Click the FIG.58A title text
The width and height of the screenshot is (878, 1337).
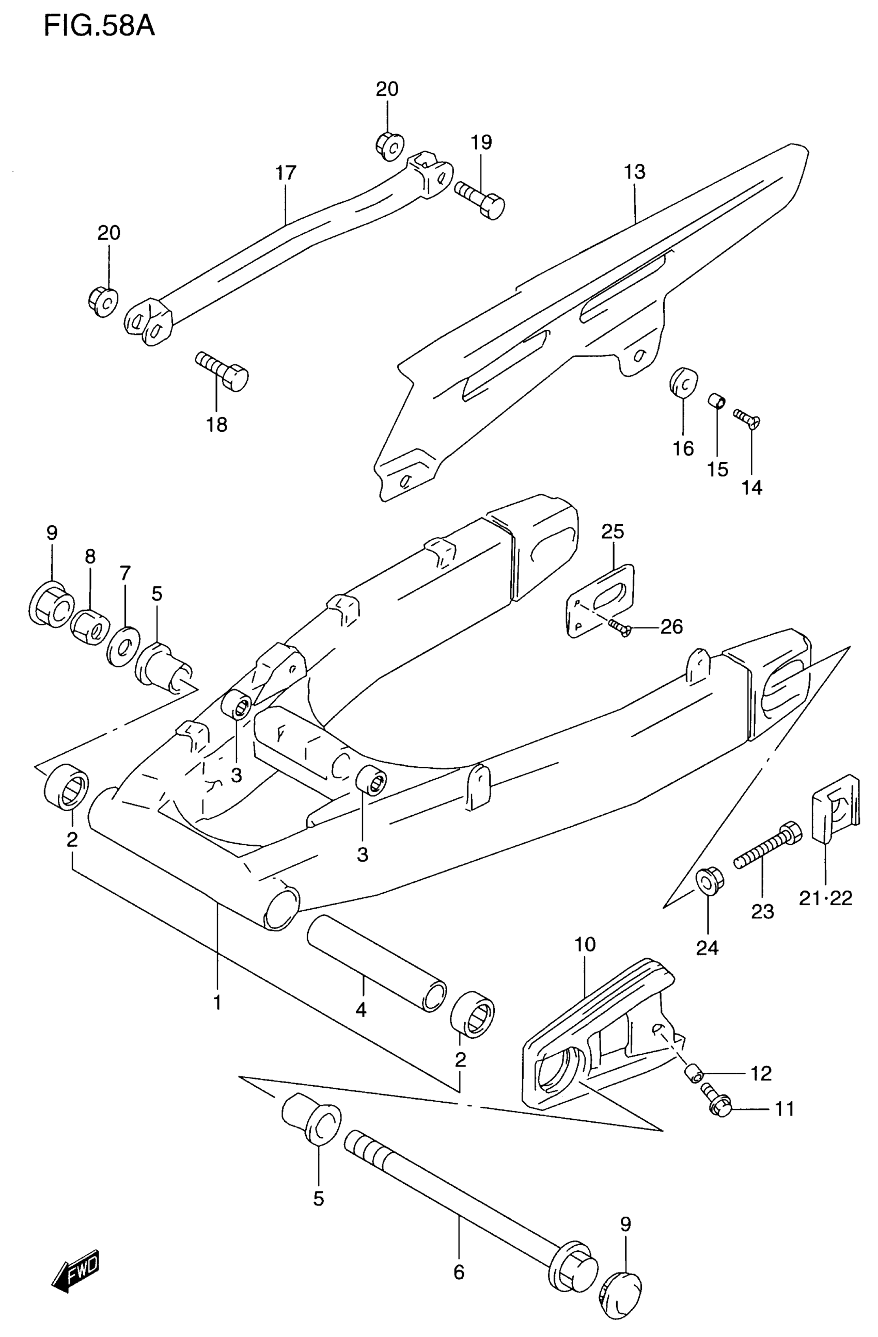point(99,26)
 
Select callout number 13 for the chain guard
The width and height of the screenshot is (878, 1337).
point(634,172)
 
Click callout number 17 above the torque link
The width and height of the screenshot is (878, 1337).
point(286,173)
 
